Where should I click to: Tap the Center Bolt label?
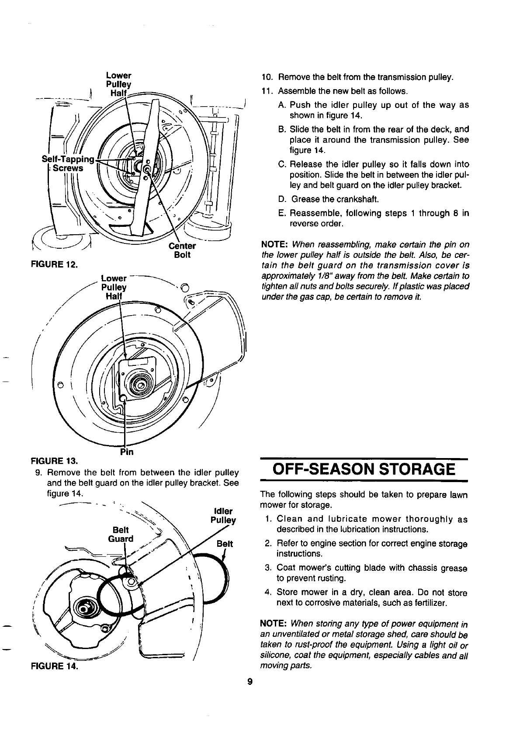pos(182,250)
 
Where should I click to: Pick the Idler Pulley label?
pos(223,516)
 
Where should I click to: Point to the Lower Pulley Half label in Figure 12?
pos(118,83)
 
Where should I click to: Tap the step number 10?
pos(267,77)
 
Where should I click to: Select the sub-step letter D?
pos(282,200)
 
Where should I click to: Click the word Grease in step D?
pos(305,200)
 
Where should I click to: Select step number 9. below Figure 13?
pos(38,473)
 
